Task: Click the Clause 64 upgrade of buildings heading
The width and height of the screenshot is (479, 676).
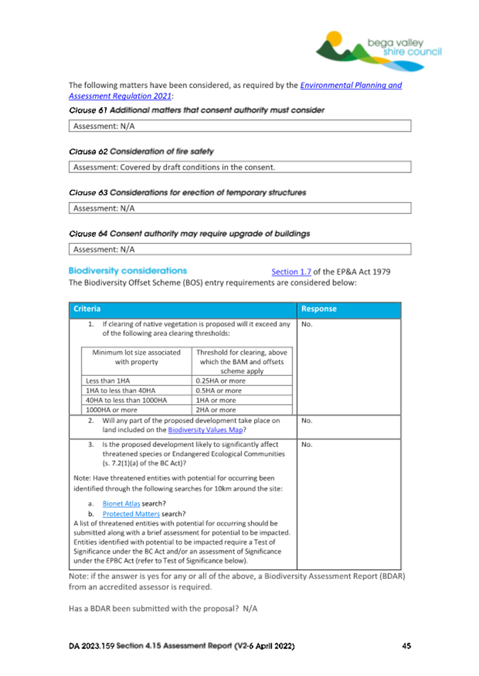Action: coord(189,233)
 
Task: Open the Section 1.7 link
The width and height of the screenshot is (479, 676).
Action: coord(291,272)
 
